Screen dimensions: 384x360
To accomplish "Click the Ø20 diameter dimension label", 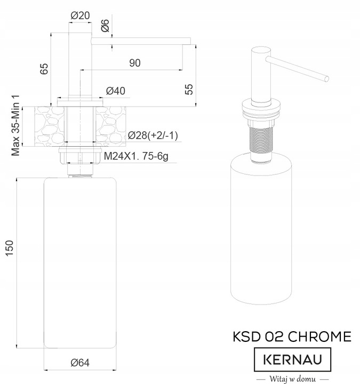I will click(x=79, y=15).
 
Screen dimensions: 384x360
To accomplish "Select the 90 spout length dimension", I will click(x=134, y=63).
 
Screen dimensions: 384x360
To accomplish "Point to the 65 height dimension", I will click(x=44, y=68).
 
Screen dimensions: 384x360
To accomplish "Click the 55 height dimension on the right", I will click(x=189, y=89).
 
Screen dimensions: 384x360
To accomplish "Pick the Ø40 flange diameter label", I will click(x=116, y=91).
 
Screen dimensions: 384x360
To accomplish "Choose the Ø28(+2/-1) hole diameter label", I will click(x=153, y=136).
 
